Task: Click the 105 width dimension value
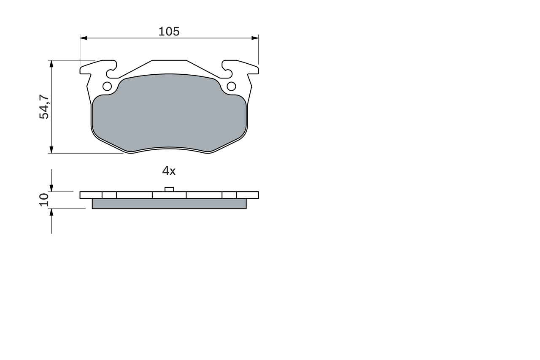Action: [169, 32]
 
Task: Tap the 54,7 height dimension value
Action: [44, 107]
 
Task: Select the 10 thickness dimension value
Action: [44, 200]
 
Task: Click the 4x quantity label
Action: [169, 171]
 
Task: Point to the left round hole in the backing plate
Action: [107, 87]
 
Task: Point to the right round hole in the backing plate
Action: [231, 87]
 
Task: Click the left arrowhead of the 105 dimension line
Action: [83, 38]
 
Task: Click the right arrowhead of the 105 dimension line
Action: [255, 38]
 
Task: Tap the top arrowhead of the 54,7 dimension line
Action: [51, 63]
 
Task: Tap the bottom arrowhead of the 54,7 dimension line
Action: [51, 150]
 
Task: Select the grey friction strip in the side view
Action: [169, 204]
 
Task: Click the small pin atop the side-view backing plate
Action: [169, 189]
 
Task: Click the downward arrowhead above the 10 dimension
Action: [51, 188]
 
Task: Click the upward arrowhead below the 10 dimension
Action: [51, 212]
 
